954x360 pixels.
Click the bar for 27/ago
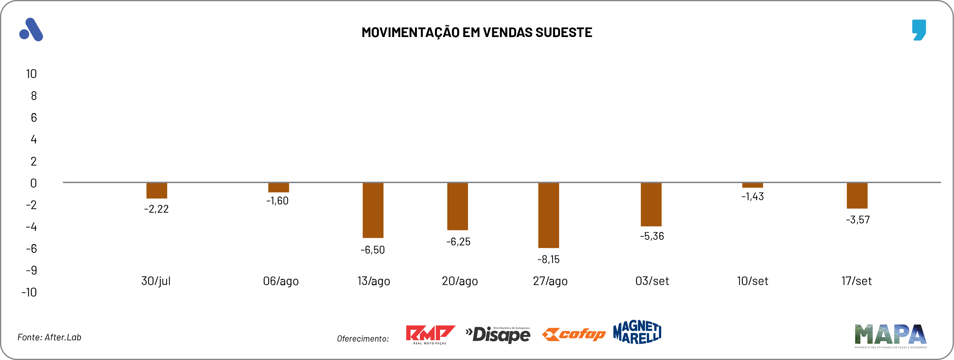pyautogui.click(x=549, y=215)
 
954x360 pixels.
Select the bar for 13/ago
pyautogui.click(x=373, y=210)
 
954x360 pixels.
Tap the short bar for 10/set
pyautogui.click(x=752, y=185)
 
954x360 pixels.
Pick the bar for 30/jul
pyautogui.click(x=157, y=190)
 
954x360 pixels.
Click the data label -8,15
pyautogui.click(x=549, y=259)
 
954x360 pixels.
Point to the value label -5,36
pyautogui.click(x=652, y=236)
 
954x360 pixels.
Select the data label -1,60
pyautogui.click(x=277, y=201)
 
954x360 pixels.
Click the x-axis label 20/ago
pyautogui.click(x=459, y=281)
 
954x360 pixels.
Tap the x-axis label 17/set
pyautogui.click(x=856, y=281)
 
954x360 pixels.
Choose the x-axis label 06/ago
pyautogui.click(x=281, y=281)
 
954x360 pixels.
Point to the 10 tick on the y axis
pyautogui.click(x=31, y=74)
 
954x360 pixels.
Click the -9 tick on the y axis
pyautogui.click(x=31, y=270)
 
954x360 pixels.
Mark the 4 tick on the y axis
pyautogui.click(x=34, y=140)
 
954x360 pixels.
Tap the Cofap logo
pyautogui.click(x=574, y=334)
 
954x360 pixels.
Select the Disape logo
pyautogui.click(x=498, y=334)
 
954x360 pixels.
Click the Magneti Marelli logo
pyautogui.click(x=637, y=332)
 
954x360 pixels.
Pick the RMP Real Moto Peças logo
pyautogui.click(x=430, y=334)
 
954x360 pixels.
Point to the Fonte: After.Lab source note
pyautogui.click(x=49, y=337)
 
